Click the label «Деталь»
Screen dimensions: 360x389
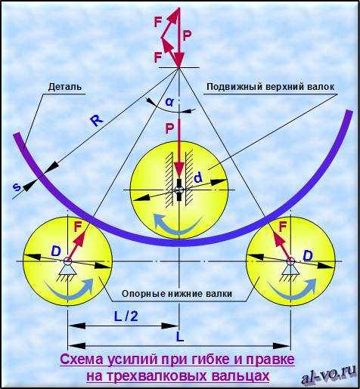click(65, 87)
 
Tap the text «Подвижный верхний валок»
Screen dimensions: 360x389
click(271, 87)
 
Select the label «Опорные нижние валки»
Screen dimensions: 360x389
click(177, 294)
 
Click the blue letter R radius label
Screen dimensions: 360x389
click(97, 121)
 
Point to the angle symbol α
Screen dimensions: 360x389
click(169, 102)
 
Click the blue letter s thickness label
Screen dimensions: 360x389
click(17, 187)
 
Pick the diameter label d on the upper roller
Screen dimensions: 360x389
click(198, 178)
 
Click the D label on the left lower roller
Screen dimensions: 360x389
click(56, 251)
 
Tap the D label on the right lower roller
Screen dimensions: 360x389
click(308, 256)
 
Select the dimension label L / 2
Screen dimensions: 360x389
click(126, 316)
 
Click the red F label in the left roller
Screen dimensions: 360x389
click(78, 227)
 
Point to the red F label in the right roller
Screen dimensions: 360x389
click(283, 227)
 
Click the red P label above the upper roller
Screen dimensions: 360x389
click(169, 128)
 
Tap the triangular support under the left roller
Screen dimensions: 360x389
click(67, 271)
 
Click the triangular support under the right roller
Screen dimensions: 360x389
click(290, 272)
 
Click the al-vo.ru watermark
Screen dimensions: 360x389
click(328, 375)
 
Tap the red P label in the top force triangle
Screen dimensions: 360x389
click(187, 36)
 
